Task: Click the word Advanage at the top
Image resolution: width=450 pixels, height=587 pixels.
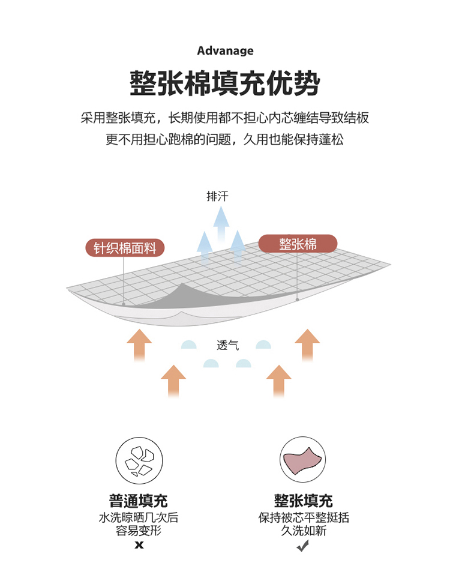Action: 225,51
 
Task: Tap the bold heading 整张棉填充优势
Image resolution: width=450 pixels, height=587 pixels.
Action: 225,83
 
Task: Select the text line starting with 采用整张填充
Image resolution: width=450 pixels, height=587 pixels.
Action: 225,118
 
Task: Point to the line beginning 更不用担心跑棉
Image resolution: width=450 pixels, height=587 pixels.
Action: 225,140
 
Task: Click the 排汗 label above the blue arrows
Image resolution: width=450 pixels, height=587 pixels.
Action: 217,196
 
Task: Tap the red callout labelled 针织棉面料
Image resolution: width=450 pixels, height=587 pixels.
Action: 125,248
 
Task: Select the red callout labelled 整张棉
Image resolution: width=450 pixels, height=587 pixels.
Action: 298,244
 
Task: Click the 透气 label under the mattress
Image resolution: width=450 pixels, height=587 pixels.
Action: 227,345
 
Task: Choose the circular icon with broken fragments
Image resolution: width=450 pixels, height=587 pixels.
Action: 139,460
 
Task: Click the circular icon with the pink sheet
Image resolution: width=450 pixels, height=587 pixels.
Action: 302,460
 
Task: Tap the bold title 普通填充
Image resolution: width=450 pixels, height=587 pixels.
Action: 139,501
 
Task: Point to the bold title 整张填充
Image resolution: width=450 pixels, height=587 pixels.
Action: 303,501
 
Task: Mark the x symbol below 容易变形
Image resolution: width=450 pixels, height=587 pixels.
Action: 139,545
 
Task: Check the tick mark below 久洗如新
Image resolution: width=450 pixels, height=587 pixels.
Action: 303,545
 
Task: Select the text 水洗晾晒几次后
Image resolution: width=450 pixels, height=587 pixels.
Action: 139,517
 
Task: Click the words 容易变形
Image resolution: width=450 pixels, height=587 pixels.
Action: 139,531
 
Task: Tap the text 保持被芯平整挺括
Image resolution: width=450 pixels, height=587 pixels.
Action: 303,517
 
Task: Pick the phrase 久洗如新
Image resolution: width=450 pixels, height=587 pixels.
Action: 303,531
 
